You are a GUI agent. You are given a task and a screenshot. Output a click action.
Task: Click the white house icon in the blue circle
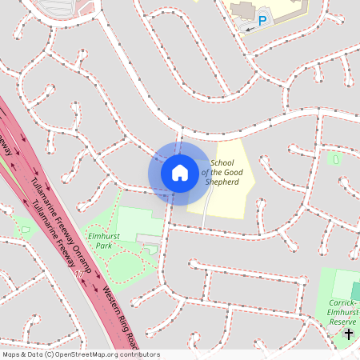point(180,172)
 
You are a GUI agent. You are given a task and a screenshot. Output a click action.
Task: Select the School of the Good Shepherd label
point(222,172)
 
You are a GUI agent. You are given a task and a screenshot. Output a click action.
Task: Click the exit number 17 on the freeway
point(78,275)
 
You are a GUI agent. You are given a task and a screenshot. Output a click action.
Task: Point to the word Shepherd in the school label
point(222,182)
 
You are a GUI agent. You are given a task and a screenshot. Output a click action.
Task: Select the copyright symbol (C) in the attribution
point(49,354)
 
